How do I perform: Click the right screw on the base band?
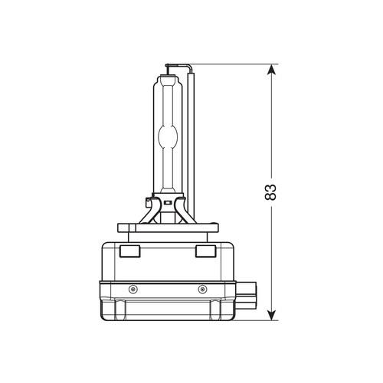[202, 288]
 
